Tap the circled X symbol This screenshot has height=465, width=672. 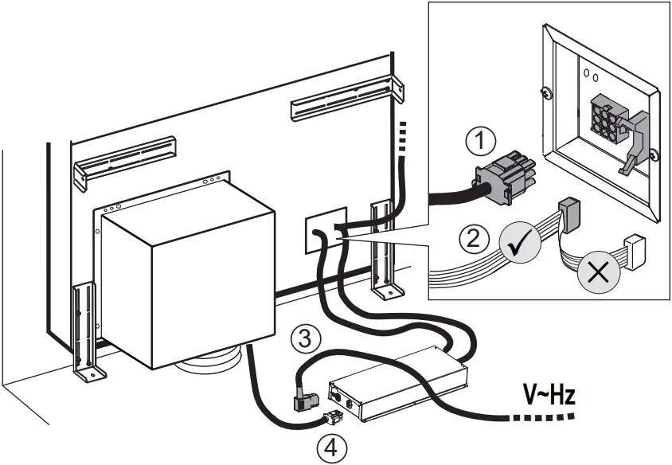(x=595, y=272)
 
